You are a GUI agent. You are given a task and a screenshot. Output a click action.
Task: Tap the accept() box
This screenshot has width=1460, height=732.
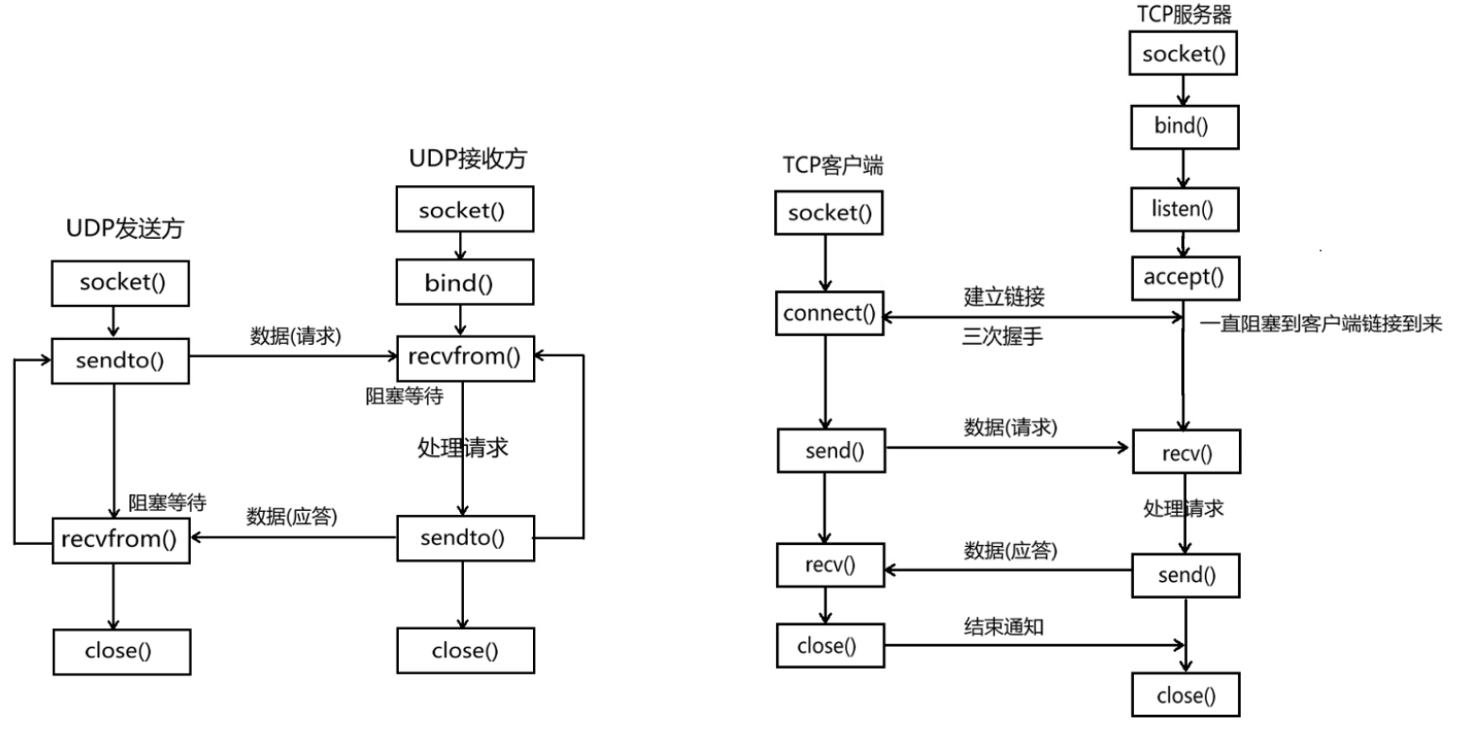pos(1183,277)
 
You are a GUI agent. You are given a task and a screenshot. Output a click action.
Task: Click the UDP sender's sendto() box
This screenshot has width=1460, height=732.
pos(112,361)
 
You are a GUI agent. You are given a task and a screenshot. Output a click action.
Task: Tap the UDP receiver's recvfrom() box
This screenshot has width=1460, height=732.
pos(465,356)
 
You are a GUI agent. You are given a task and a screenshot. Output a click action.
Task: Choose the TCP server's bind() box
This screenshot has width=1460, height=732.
pos(1183,127)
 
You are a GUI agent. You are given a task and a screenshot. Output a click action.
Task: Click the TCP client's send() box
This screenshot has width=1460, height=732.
pos(831,451)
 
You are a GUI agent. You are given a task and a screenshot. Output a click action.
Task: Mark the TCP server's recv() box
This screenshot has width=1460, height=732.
pos(1186,452)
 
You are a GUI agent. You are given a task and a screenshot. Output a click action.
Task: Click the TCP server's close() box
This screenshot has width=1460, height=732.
pos(1186,696)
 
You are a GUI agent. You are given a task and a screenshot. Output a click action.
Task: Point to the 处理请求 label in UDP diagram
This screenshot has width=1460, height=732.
pos(463,447)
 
